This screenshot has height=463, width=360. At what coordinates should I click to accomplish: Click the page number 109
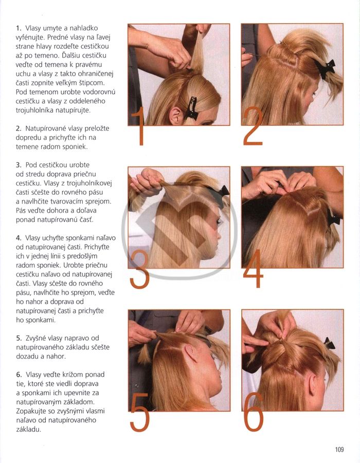[x=339, y=450]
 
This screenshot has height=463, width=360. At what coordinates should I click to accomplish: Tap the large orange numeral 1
[x=139, y=126]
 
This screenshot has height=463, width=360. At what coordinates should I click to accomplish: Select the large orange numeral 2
[x=253, y=126]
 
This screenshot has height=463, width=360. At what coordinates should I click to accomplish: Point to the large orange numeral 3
[x=139, y=269]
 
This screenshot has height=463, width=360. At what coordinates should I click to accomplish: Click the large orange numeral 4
[x=253, y=268]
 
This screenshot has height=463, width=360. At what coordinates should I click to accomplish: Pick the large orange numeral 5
[x=140, y=412]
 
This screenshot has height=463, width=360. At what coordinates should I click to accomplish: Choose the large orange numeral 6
[x=254, y=412]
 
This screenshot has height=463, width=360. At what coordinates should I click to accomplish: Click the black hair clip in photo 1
[x=192, y=108]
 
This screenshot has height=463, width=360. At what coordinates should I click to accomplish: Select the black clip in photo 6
[x=329, y=343]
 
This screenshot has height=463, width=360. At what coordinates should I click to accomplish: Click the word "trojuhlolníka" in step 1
[x=35, y=110]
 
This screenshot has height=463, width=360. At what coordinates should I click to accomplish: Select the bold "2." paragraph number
[x=19, y=128]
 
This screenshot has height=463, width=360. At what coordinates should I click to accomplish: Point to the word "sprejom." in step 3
[x=98, y=201]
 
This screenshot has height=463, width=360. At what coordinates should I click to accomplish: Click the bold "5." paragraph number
[x=19, y=338]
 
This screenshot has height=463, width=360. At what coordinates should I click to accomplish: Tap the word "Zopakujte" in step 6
[x=31, y=411]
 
